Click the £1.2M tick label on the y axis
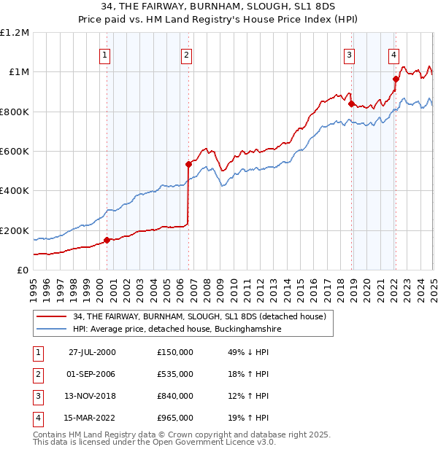(15, 32)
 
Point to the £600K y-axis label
(15, 151)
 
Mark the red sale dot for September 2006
(188, 164)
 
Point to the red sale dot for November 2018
(351, 104)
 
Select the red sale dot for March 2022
(396, 79)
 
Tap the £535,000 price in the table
(175, 374)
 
